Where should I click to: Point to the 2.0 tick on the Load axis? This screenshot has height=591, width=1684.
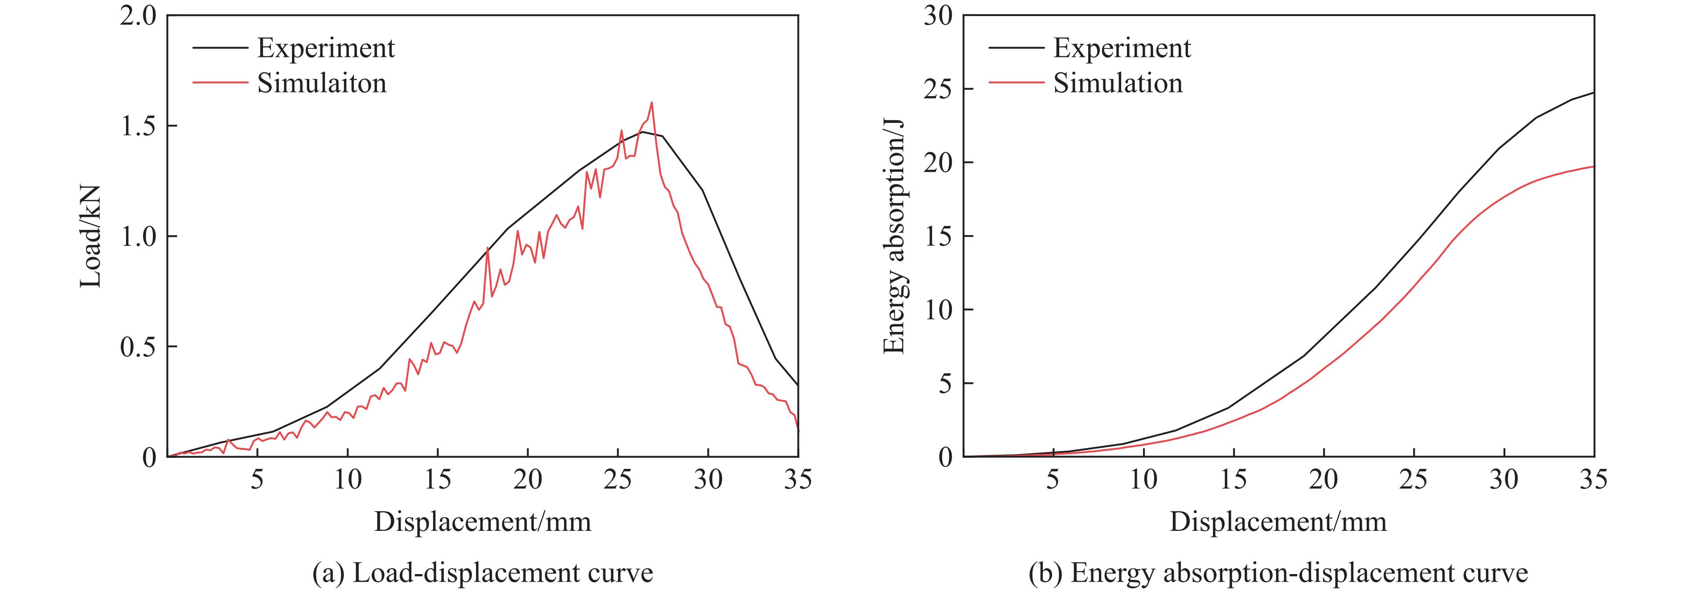[139, 16]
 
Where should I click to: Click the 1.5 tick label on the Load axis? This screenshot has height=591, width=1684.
[139, 126]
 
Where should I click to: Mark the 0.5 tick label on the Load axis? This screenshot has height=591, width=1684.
[139, 347]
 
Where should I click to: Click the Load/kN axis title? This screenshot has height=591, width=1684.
[91, 236]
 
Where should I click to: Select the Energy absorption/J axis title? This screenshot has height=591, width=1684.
[893, 236]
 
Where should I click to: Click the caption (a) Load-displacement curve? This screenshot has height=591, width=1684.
[483, 573]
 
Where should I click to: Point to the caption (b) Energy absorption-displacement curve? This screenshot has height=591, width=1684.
[1278, 573]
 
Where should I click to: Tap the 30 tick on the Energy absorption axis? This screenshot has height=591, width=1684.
[938, 16]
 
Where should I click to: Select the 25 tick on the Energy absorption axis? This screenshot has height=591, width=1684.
[938, 90]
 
